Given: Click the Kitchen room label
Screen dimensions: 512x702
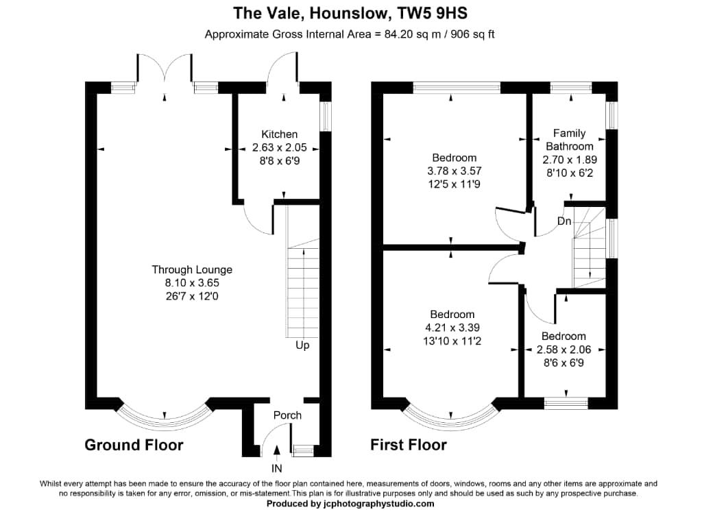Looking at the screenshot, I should pyautogui.click(x=279, y=134).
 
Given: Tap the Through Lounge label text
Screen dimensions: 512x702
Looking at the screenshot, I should pyautogui.click(x=192, y=270).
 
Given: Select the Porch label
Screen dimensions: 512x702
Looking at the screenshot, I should pyautogui.click(x=287, y=415).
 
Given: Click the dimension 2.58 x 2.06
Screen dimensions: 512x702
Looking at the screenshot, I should pyautogui.click(x=564, y=349).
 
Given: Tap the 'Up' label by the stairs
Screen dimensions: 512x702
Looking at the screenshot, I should pyautogui.click(x=302, y=345).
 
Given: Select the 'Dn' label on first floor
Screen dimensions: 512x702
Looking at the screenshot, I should pyautogui.click(x=564, y=221).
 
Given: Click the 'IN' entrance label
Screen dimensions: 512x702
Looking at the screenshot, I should pyautogui.click(x=277, y=469).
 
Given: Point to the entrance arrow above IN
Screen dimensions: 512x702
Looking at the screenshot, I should pyautogui.click(x=277, y=450).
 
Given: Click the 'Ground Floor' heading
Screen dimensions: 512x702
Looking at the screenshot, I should pyautogui.click(x=134, y=446).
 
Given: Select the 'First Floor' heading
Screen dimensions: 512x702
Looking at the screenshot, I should pyautogui.click(x=409, y=446).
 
